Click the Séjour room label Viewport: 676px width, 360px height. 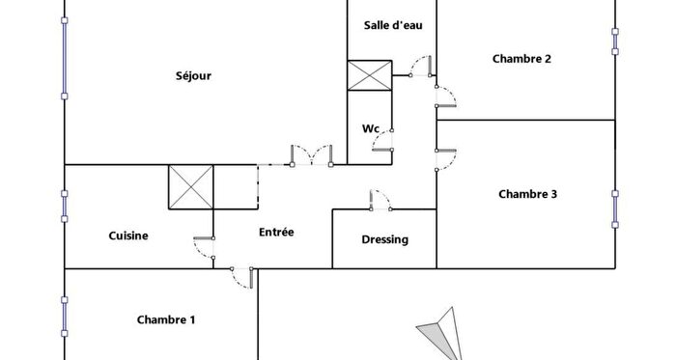[x=194, y=76]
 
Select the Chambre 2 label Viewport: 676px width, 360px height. [x=521, y=59]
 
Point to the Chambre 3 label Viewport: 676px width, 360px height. [x=527, y=194]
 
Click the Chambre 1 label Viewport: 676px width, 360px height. [x=166, y=319]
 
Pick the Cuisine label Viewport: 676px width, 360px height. [x=128, y=235]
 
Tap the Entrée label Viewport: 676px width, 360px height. [x=276, y=232]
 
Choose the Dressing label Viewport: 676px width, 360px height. [x=384, y=239]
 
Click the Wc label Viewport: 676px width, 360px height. [x=370, y=128]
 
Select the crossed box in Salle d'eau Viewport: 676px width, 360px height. [x=369, y=76]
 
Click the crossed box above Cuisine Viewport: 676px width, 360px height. [x=191, y=185]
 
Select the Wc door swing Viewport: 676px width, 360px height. [x=383, y=143]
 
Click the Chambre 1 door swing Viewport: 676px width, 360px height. [x=242, y=277]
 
